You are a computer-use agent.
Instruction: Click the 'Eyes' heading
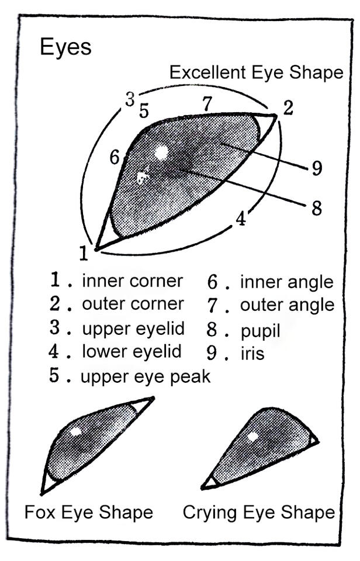(x=65, y=47)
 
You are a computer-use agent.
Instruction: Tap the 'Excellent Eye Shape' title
(x=256, y=72)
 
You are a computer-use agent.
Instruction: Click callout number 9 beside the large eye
(x=316, y=169)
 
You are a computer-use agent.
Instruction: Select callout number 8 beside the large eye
(x=316, y=208)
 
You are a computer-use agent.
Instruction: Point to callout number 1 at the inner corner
(x=84, y=253)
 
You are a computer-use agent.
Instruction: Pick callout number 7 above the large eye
(x=207, y=103)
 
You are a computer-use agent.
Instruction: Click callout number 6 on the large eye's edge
(x=115, y=158)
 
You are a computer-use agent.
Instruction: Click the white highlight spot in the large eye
(x=161, y=153)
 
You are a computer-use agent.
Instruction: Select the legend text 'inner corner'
(x=133, y=281)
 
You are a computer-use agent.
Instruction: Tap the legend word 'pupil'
(x=260, y=331)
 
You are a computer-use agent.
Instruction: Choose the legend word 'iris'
(x=252, y=354)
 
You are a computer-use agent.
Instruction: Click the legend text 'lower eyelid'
(x=131, y=352)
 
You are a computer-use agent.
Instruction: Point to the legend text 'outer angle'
(x=287, y=305)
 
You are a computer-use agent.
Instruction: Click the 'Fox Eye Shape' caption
(x=88, y=512)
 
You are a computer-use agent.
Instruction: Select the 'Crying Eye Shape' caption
(x=259, y=512)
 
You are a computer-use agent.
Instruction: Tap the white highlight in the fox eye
(x=75, y=432)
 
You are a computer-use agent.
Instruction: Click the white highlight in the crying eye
(x=252, y=436)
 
